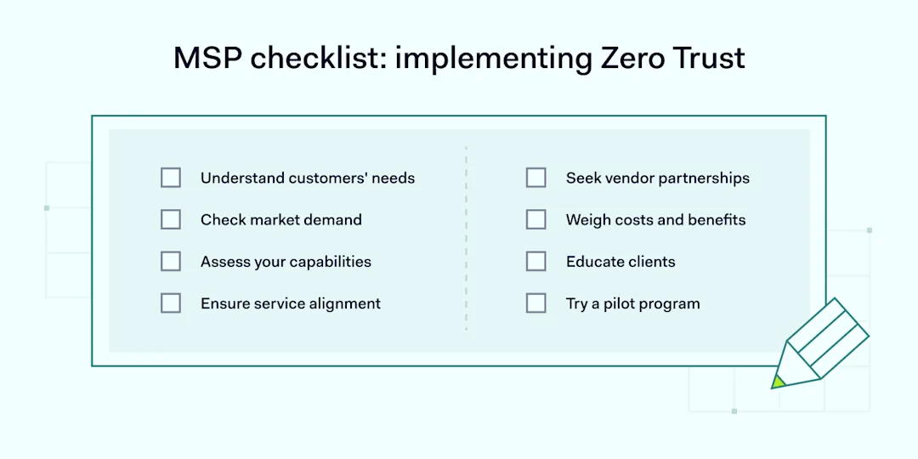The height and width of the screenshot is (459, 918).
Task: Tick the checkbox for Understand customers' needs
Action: (170, 178)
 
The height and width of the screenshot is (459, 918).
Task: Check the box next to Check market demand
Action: (170, 219)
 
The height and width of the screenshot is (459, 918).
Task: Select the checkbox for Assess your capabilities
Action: (170, 261)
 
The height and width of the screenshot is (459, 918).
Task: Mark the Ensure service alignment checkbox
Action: (170, 303)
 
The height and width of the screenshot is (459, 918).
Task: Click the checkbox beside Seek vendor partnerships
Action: (535, 178)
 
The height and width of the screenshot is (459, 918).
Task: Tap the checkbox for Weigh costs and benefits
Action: (535, 219)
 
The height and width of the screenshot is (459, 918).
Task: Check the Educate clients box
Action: (535, 261)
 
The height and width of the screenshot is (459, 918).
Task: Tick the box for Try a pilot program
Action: (535, 303)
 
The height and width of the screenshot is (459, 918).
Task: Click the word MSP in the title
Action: (210, 58)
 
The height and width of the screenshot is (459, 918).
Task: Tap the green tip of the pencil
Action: (778, 382)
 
